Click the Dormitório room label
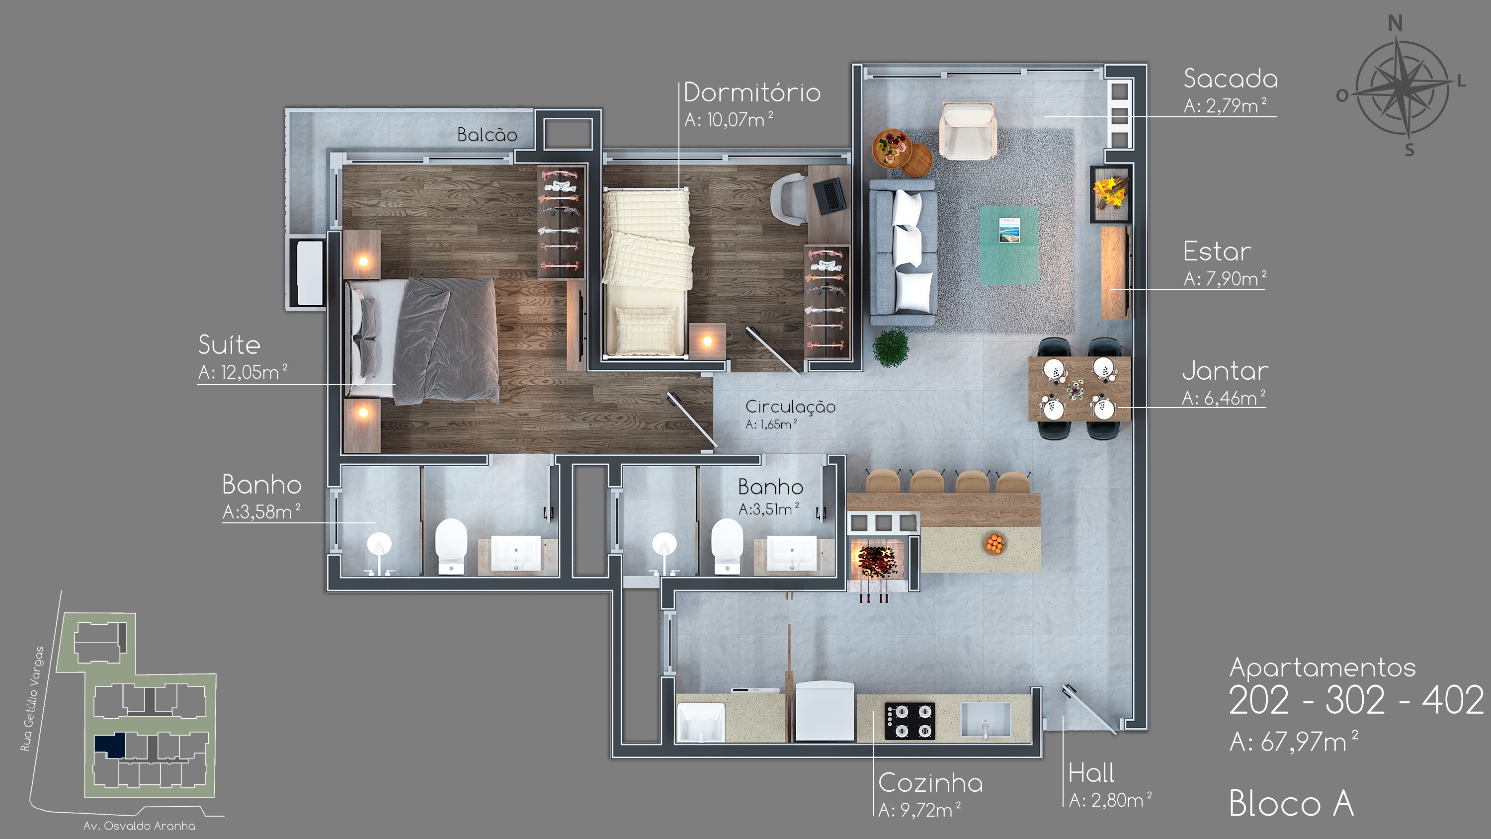coord(752,92)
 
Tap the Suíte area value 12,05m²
coord(243,372)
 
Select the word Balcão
coord(487,134)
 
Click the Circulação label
coord(790,407)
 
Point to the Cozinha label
coord(930,783)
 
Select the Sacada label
coord(1231,79)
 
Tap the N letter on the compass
coord(1396,24)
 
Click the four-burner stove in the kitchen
coord(910,721)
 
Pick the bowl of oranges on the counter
coord(994,543)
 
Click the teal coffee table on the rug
coord(1008,245)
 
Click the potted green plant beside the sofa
coord(890,348)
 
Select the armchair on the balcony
coord(967,131)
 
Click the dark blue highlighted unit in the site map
coord(110,745)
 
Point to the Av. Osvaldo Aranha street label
coord(139,826)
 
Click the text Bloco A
coord(1291,804)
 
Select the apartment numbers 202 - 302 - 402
coord(1356,701)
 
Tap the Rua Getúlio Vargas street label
coord(32,699)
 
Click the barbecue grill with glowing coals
coord(876,561)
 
